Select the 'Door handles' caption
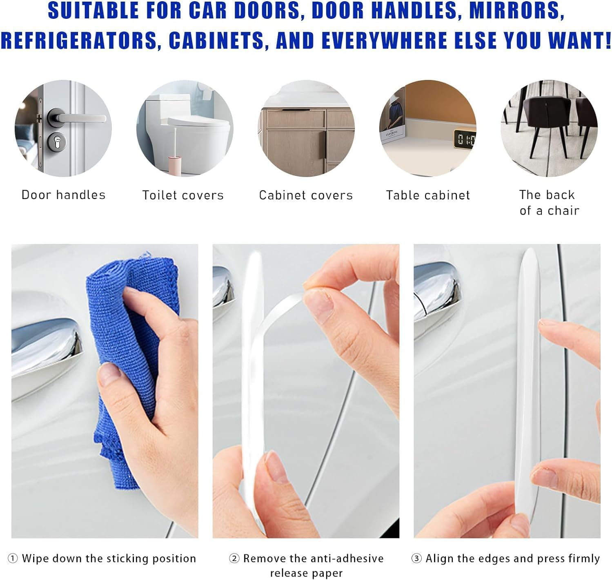(x=63, y=195)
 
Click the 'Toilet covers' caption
(x=183, y=195)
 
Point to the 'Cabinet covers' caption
(x=306, y=195)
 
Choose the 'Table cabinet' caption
(x=428, y=195)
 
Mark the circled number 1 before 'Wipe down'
(x=13, y=559)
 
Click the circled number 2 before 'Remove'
(x=234, y=559)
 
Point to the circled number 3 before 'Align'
(x=416, y=559)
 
